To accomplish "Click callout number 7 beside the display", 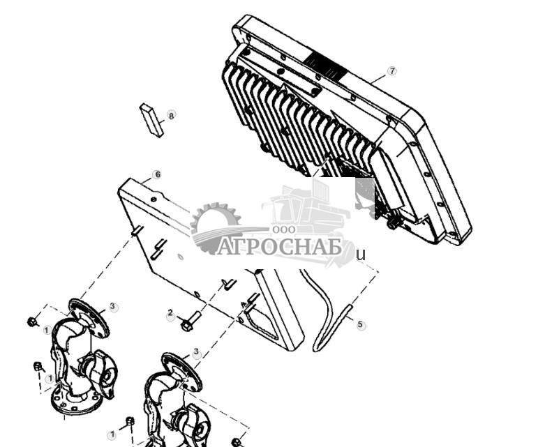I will pyautogui.click(x=391, y=71).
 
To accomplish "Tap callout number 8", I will pyautogui.click(x=171, y=116).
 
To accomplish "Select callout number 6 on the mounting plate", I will pyautogui.click(x=157, y=174).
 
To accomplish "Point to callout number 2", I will pyautogui.click(x=170, y=315).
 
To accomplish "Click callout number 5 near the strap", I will pyautogui.click(x=360, y=325).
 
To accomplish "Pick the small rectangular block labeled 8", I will pyautogui.click(x=151, y=119).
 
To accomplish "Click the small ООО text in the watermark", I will pyautogui.click(x=282, y=229).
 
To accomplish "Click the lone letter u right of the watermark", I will pyautogui.click(x=361, y=255).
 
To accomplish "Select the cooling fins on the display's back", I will pyautogui.click(x=293, y=119).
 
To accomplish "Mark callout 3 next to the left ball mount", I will pyautogui.click(x=113, y=307).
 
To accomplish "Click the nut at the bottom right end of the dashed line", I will pyautogui.click(x=236, y=442).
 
